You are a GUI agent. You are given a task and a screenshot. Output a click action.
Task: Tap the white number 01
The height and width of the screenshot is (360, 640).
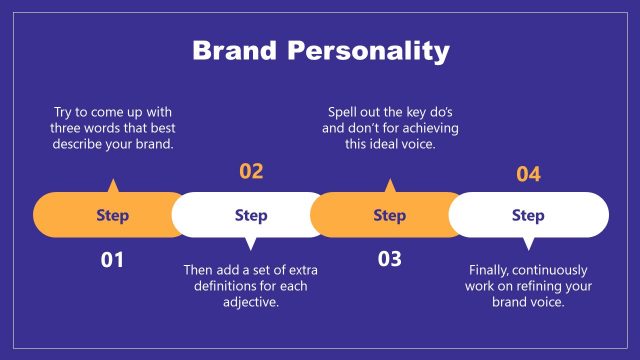[x=112, y=260]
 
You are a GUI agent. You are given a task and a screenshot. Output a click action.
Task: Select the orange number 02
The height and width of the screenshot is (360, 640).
[x=251, y=171]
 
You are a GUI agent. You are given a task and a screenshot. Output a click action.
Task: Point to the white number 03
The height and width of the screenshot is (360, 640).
[x=389, y=260]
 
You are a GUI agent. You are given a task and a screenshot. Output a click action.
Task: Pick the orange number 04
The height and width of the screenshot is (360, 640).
[x=528, y=175]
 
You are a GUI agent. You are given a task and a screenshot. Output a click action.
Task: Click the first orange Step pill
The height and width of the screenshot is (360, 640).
[x=112, y=215]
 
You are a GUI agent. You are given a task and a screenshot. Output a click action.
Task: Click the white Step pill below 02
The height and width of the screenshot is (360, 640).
[x=251, y=215]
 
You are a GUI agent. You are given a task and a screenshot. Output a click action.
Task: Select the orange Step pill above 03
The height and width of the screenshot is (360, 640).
[x=389, y=215]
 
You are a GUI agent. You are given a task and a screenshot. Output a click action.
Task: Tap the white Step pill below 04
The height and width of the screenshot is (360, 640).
[x=528, y=215]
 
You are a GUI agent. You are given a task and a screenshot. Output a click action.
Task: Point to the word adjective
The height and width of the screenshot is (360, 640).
[x=250, y=301]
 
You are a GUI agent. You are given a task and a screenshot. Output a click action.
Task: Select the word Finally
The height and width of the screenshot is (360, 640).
[x=493, y=270]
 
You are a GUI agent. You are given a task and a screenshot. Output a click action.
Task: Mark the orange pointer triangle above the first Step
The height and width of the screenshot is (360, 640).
[x=112, y=186]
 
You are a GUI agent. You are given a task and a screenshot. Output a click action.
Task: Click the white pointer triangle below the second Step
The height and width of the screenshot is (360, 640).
[x=251, y=243]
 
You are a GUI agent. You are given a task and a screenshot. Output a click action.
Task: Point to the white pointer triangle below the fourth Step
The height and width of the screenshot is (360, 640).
[x=528, y=243]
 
